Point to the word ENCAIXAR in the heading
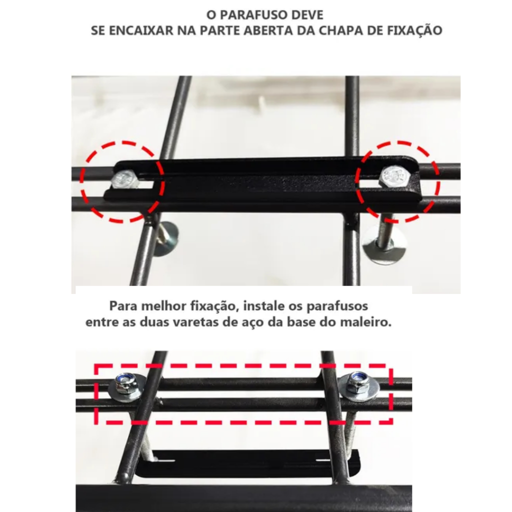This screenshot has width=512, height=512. point(141,30)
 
